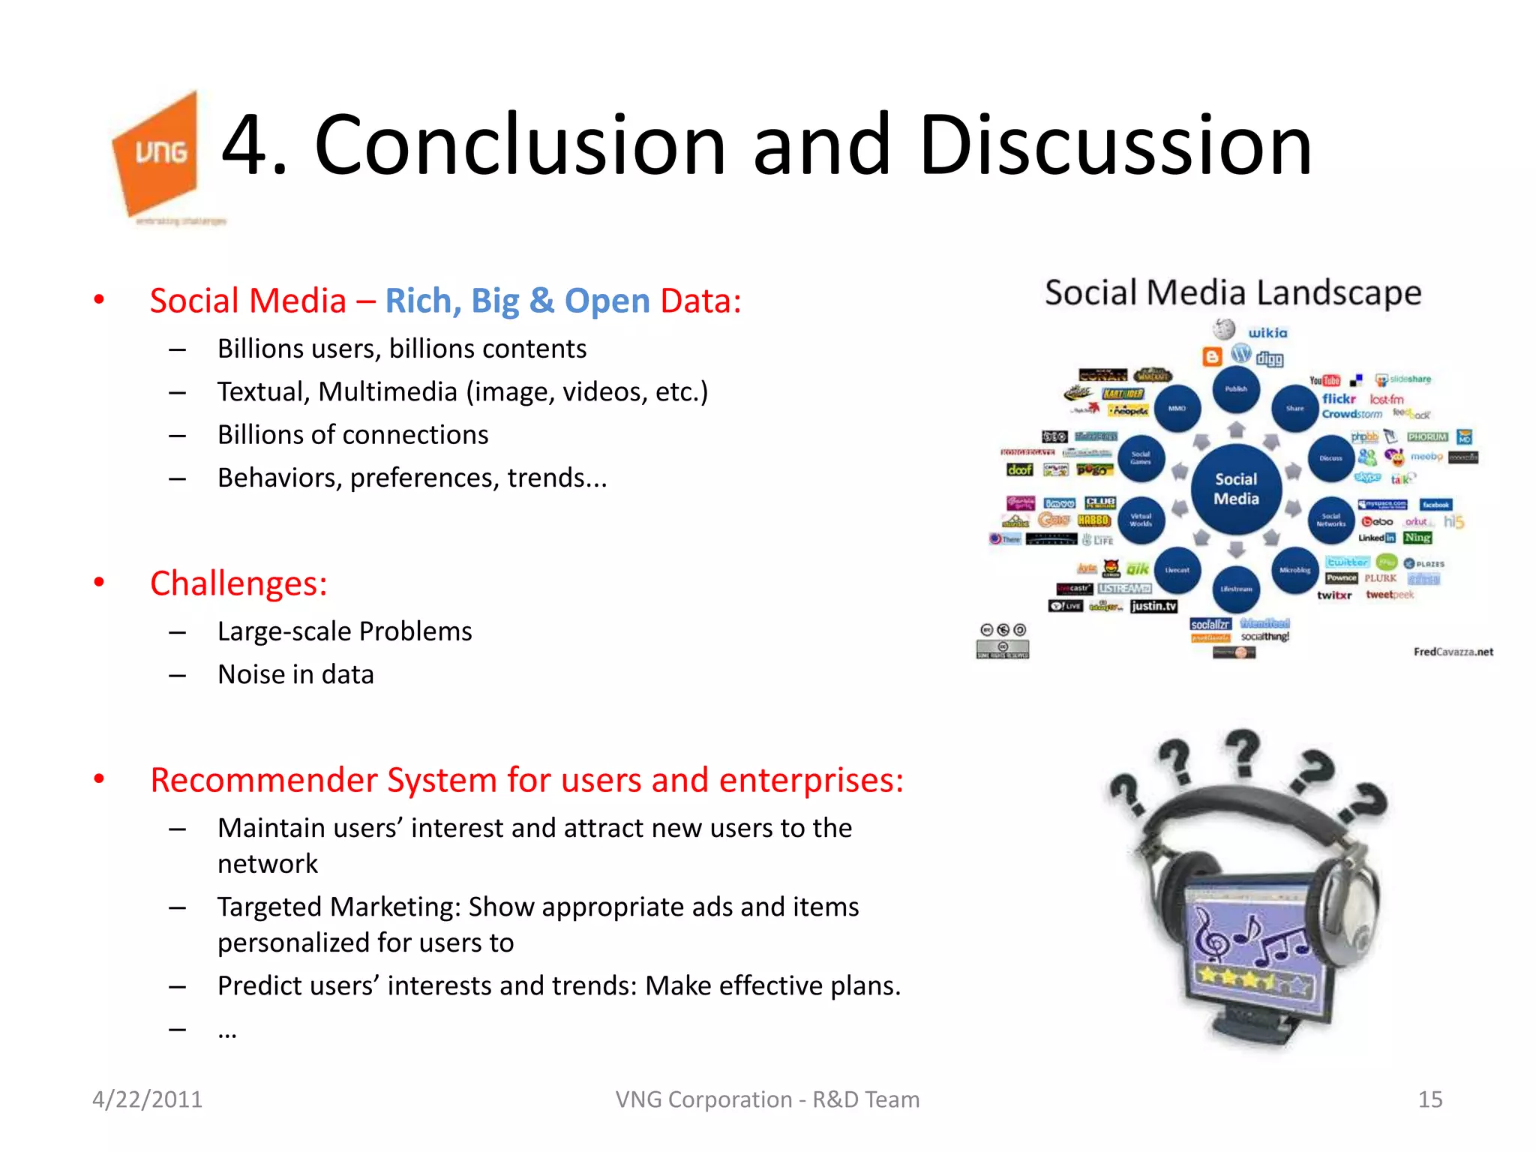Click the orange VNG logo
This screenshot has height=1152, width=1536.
158,154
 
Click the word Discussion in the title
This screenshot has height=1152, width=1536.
1115,145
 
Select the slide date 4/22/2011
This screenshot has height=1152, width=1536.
147,1099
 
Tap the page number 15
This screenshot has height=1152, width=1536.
1429,1099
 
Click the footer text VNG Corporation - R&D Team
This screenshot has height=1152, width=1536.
767,1099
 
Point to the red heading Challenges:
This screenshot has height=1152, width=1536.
238,583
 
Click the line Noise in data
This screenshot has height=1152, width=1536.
295,674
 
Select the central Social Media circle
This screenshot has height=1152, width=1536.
1236,489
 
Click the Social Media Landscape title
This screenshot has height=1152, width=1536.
1233,292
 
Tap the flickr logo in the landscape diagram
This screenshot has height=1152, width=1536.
1339,399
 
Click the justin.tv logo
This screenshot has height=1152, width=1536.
1153,606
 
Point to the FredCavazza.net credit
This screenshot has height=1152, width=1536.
1453,652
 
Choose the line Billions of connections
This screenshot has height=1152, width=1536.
352,435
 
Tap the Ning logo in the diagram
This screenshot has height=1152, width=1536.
1417,538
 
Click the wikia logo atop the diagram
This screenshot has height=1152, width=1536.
1267,333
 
